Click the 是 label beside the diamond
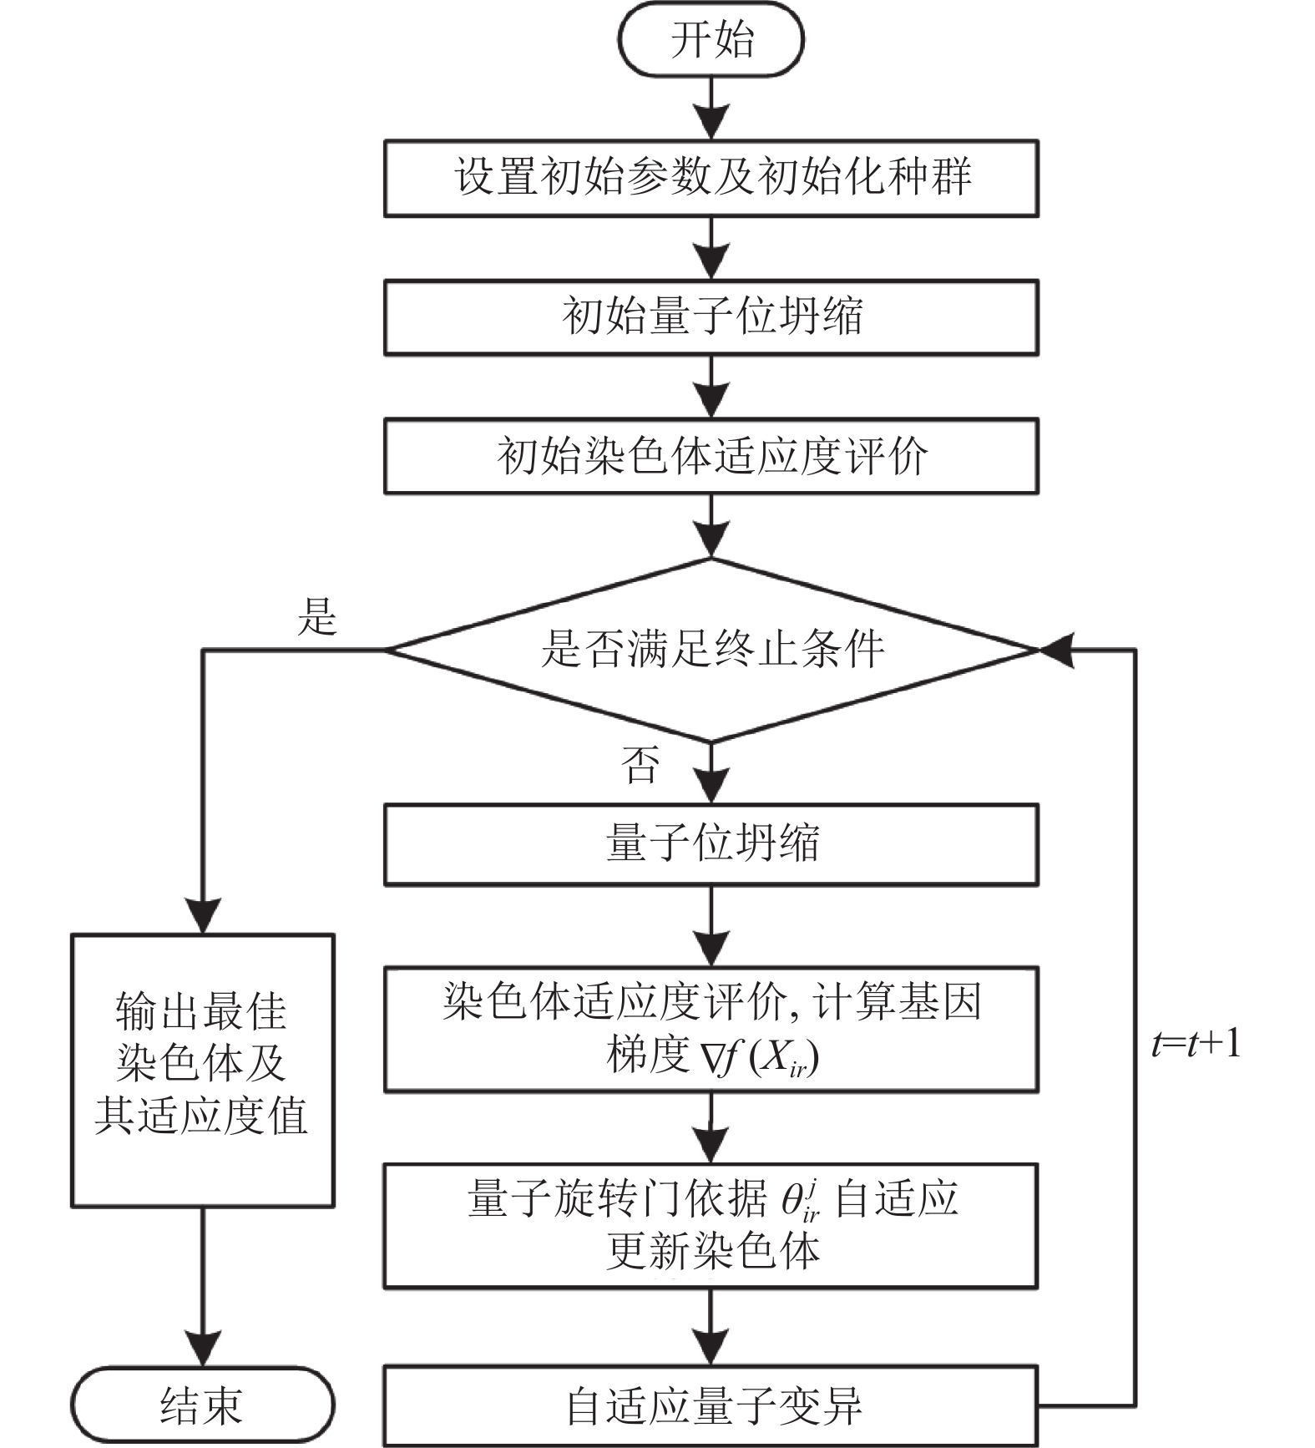tap(317, 616)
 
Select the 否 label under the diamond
tap(640, 764)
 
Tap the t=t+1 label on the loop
tap(1196, 1044)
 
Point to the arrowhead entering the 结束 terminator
tap(202, 1349)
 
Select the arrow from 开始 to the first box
tap(711, 109)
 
